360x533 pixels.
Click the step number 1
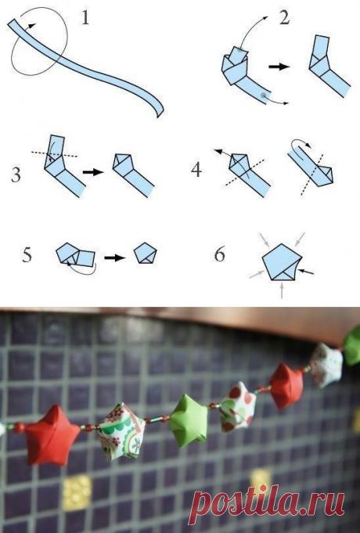(85, 18)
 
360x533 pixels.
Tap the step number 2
(285, 17)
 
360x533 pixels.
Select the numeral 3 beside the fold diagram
(16, 175)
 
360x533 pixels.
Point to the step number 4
(196, 169)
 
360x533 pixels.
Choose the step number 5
(27, 254)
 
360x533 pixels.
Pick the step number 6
(220, 254)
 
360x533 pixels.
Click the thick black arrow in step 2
(279, 67)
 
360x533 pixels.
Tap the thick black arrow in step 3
(93, 172)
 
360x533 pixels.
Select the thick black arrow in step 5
(115, 258)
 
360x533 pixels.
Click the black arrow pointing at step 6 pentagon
(307, 272)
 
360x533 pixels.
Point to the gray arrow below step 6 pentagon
(282, 290)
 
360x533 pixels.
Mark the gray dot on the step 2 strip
(263, 95)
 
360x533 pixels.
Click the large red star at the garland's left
(51, 435)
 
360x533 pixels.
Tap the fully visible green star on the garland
(189, 420)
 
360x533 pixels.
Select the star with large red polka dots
(238, 406)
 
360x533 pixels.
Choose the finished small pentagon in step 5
(146, 254)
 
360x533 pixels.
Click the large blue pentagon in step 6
(282, 262)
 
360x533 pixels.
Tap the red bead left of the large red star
(19, 427)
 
